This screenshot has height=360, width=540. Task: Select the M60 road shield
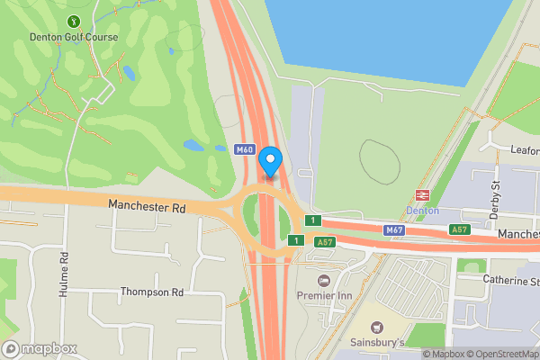click(x=244, y=150)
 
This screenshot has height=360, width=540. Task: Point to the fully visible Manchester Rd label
click(x=147, y=206)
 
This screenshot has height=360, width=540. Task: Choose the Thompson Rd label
click(x=152, y=292)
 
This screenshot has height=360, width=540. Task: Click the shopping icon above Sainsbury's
click(x=376, y=328)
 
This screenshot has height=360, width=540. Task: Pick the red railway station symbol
click(x=421, y=194)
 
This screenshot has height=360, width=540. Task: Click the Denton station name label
click(x=422, y=210)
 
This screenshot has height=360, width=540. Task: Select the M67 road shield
click(x=394, y=230)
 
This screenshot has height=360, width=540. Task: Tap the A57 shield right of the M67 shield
click(x=460, y=230)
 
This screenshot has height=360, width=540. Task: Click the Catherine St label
click(x=510, y=282)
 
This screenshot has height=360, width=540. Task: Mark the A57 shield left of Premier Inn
click(x=324, y=240)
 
